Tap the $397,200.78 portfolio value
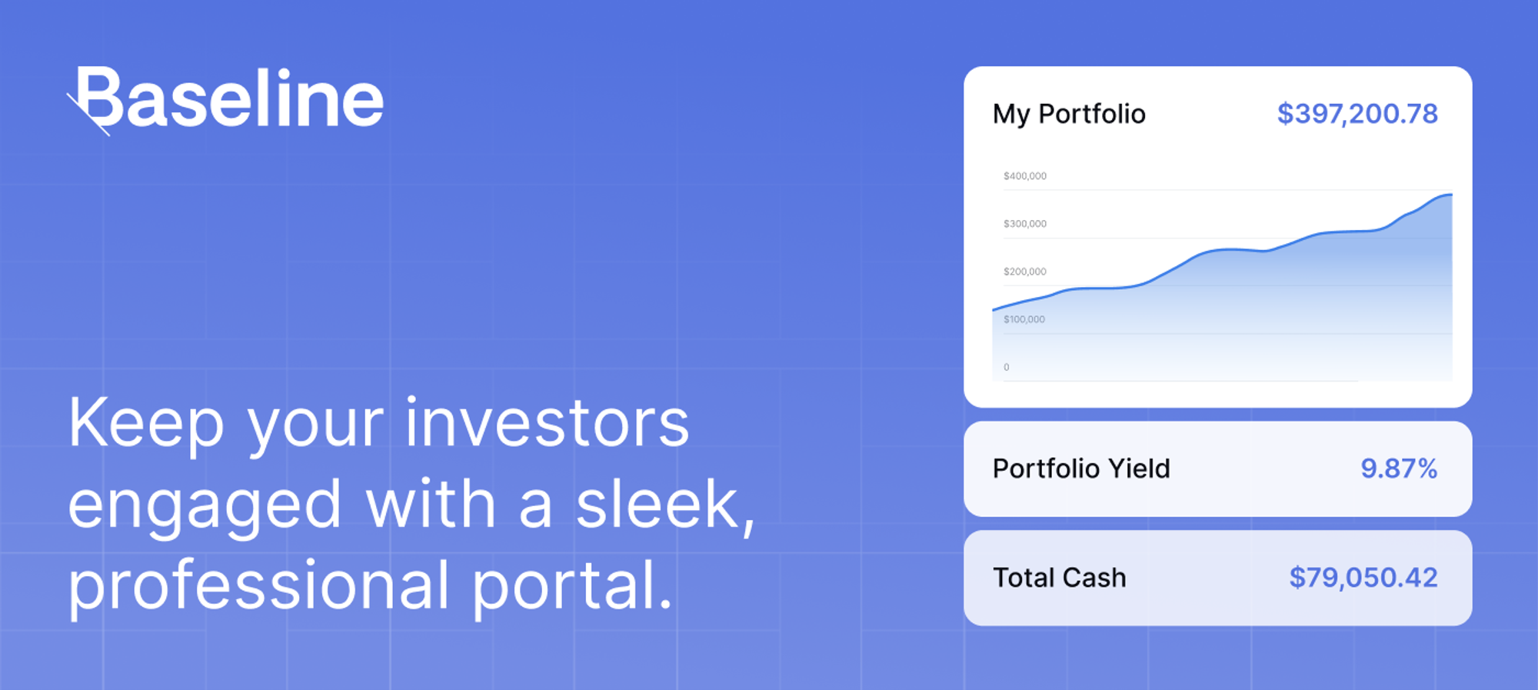click(1357, 114)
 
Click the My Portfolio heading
click(1069, 114)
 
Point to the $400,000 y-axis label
click(1024, 176)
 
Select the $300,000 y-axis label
click(1024, 224)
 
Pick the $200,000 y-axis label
click(1024, 272)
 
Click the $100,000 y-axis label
click(1024, 319)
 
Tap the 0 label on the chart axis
click(1006, 368)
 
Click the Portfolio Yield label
click(1081, 468)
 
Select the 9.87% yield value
click(1399, 468)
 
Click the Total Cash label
click(1059, 578)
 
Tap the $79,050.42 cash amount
click(1363, 578)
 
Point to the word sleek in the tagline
click(657, 505)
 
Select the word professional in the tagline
click(258, 586)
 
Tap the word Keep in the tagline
click(146, 425)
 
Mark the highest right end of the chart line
click(1450, 195)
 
